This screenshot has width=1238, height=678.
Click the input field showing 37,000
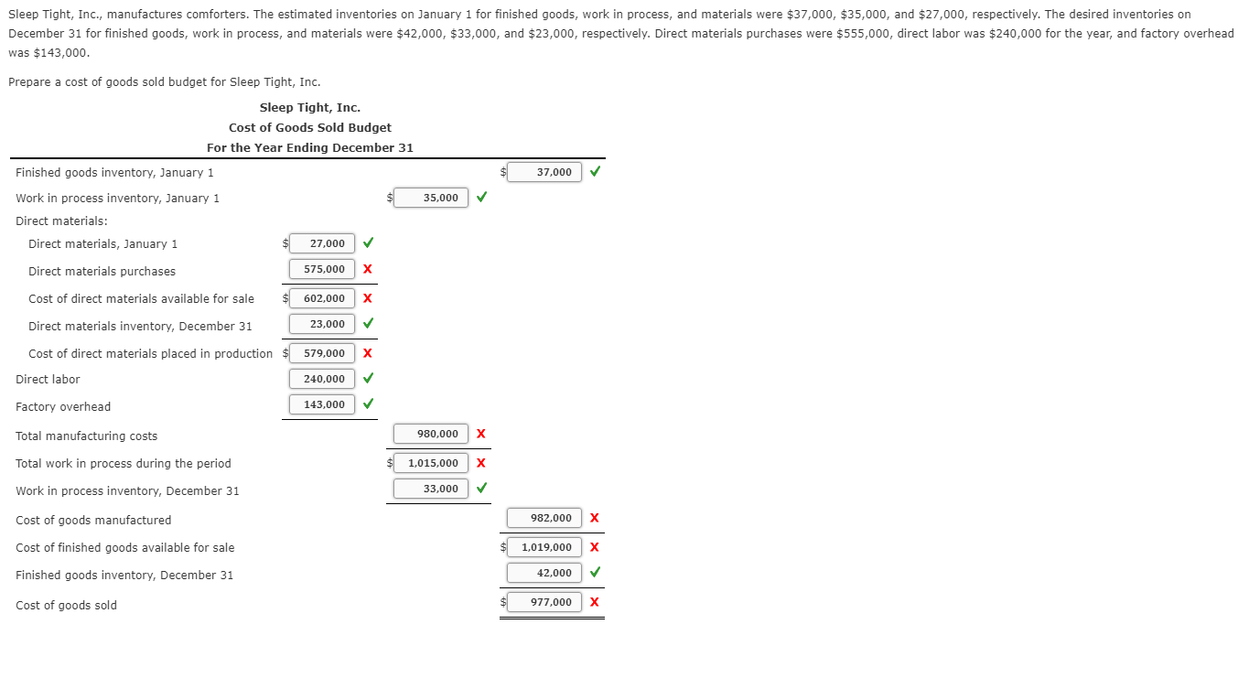[545, 172]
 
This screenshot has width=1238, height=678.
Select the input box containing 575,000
[322, 269]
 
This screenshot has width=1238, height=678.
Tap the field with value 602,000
[322, 298]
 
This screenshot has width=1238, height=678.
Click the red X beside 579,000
[367, 353]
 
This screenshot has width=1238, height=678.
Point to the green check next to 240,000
[368, 379]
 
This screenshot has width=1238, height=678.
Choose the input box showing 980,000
[431, 434]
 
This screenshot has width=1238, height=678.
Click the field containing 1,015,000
[431, 463]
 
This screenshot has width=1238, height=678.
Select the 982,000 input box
[544, 518]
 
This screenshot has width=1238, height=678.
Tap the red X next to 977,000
[595, 602]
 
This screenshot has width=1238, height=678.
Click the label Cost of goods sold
[66, 605]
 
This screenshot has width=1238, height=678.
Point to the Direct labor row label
[48, 379]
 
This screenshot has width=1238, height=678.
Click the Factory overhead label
[63, 406]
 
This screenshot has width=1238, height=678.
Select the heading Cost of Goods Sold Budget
[310, 127]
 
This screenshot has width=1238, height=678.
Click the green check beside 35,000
[481, 198]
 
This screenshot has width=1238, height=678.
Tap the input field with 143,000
[322, 404]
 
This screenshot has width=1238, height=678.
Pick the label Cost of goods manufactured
[93, 520]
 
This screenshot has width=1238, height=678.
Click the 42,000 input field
[544, 573]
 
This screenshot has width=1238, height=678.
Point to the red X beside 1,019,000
[595, 547]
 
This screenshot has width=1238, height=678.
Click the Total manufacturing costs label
[86, 436]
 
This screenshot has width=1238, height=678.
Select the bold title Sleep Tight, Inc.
[310, 107]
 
